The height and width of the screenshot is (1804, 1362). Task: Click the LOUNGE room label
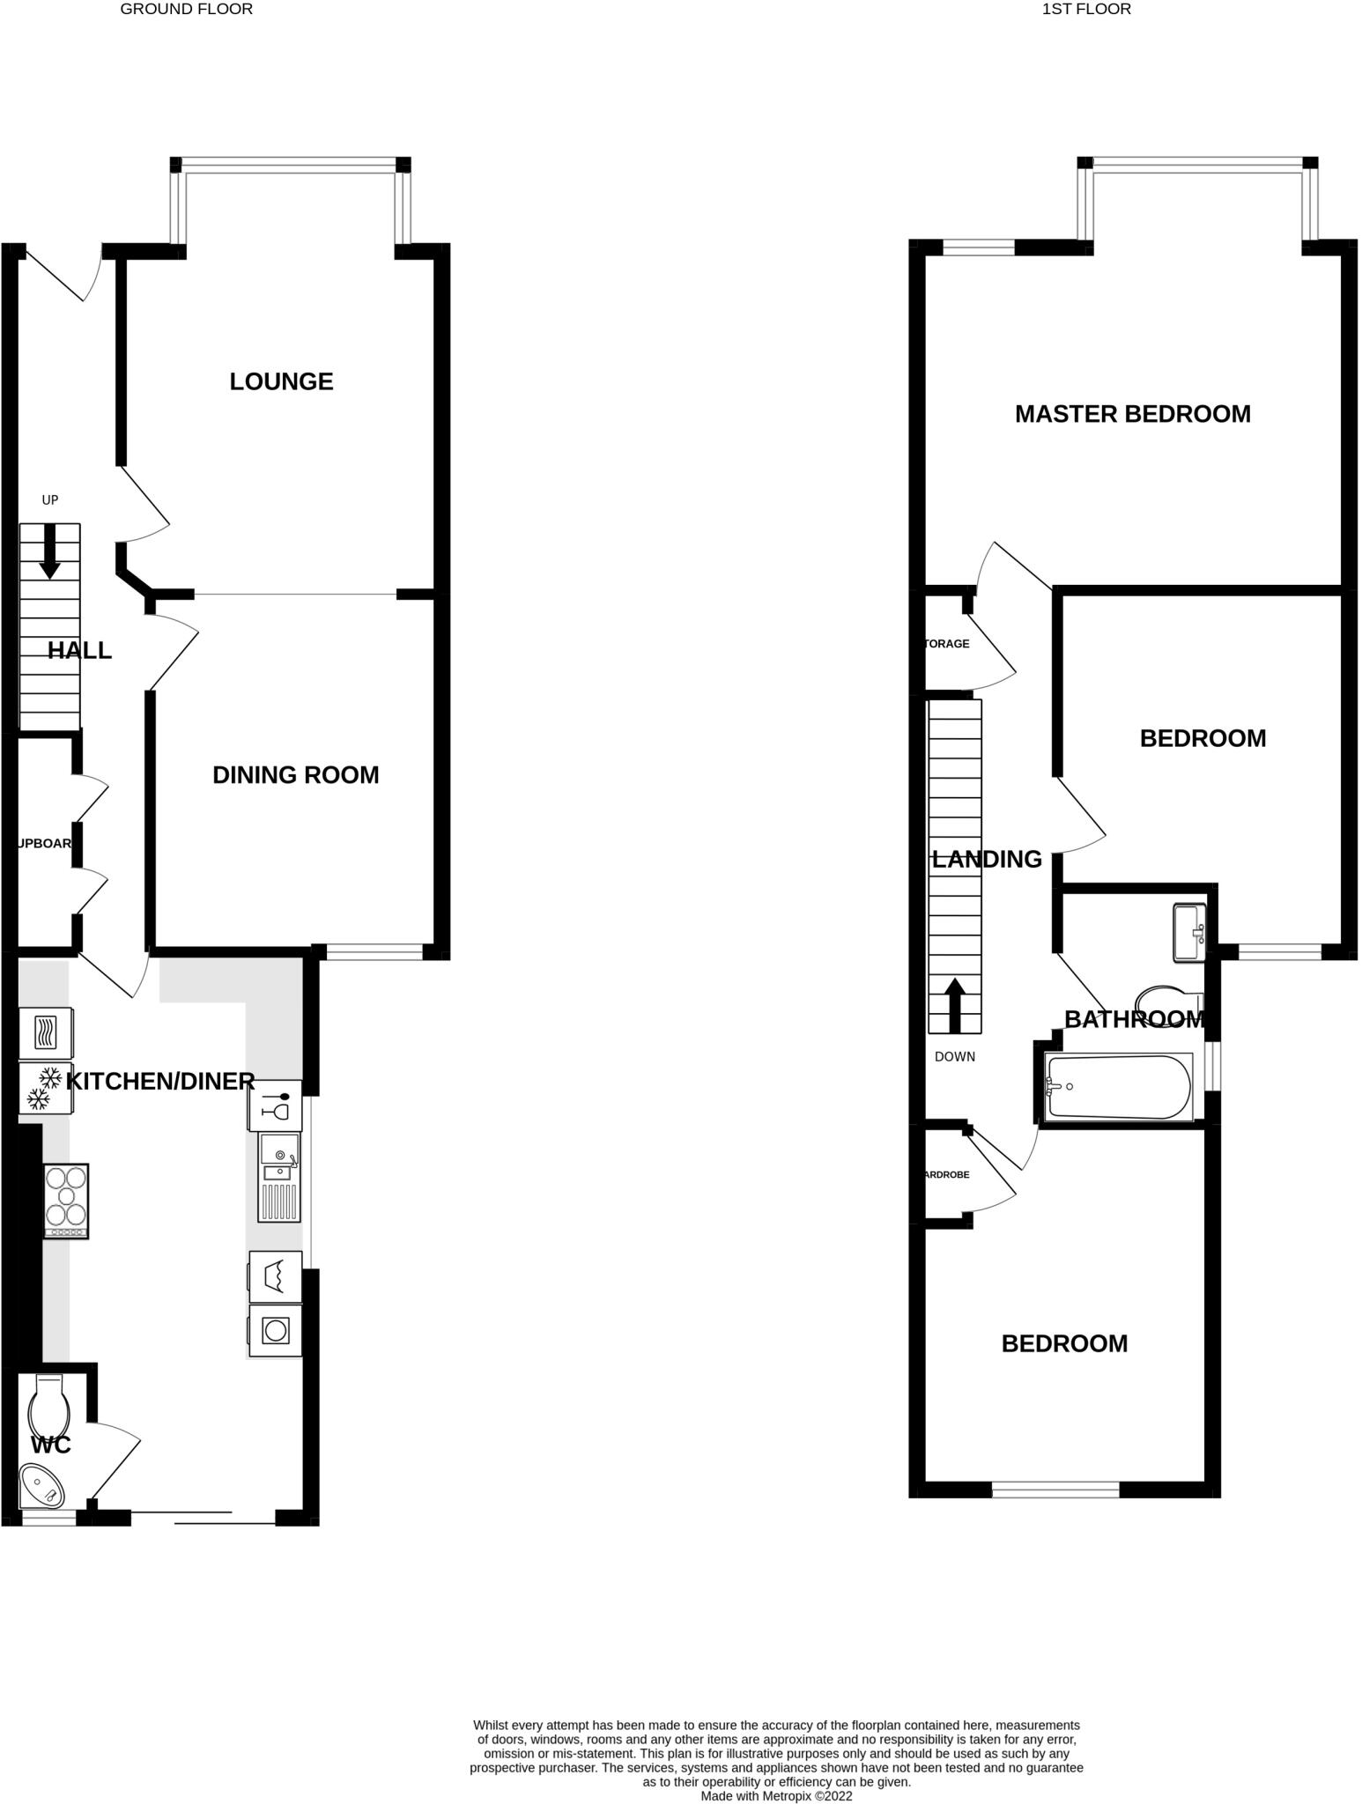pos(281,381)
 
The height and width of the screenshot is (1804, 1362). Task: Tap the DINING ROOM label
pos(295,775)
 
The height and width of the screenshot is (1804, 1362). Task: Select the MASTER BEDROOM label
pos(1132,414)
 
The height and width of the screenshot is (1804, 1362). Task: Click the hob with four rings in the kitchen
pos(66,1201)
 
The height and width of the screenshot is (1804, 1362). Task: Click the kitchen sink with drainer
pos(278,1177)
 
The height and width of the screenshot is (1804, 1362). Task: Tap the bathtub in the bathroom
pos(1118,1088)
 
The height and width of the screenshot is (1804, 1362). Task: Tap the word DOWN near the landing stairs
pos(954,1057)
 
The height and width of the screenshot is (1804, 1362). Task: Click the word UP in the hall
pos(50,500)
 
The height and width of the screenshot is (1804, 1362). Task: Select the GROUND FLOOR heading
pos(186,10)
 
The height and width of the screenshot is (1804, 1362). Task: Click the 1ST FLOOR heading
pos(1085,10)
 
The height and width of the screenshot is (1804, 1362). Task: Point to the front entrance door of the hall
pos(63,275)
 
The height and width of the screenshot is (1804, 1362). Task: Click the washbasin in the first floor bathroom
pos(1188,932)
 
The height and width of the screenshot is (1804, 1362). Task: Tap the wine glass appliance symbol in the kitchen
pos(276,1105)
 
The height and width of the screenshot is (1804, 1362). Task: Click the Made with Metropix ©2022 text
pos(776,1795)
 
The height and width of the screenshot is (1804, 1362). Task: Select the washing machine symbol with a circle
pos(275,1330)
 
